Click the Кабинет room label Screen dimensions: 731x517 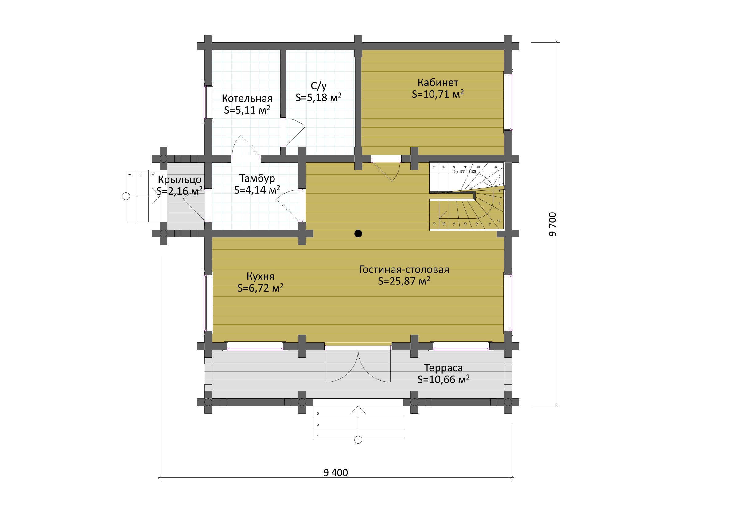(x=438, y=83)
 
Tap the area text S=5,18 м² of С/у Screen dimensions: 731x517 (x=318, y=97)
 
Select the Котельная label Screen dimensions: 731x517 (x=247, y=98)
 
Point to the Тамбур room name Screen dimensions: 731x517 (x=257, y=178)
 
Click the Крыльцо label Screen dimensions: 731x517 (x=180, y=180)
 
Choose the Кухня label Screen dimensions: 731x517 (x=260, y=276)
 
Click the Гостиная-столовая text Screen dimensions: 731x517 (x=404, y=269)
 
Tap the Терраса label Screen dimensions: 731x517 (x=444, y=368)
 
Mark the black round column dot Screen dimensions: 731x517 (x=358, y=234)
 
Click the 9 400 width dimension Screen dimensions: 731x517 (x=336, y=472)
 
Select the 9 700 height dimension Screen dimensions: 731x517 (x=553, y=224)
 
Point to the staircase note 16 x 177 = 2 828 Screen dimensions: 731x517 (x=464, y=172)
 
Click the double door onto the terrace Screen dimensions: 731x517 (x=358, y=366)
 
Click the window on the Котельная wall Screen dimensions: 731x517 (x=208, y=102)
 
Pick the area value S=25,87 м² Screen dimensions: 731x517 (x=404, y=281)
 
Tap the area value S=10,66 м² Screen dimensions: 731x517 (x=444, y=379)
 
